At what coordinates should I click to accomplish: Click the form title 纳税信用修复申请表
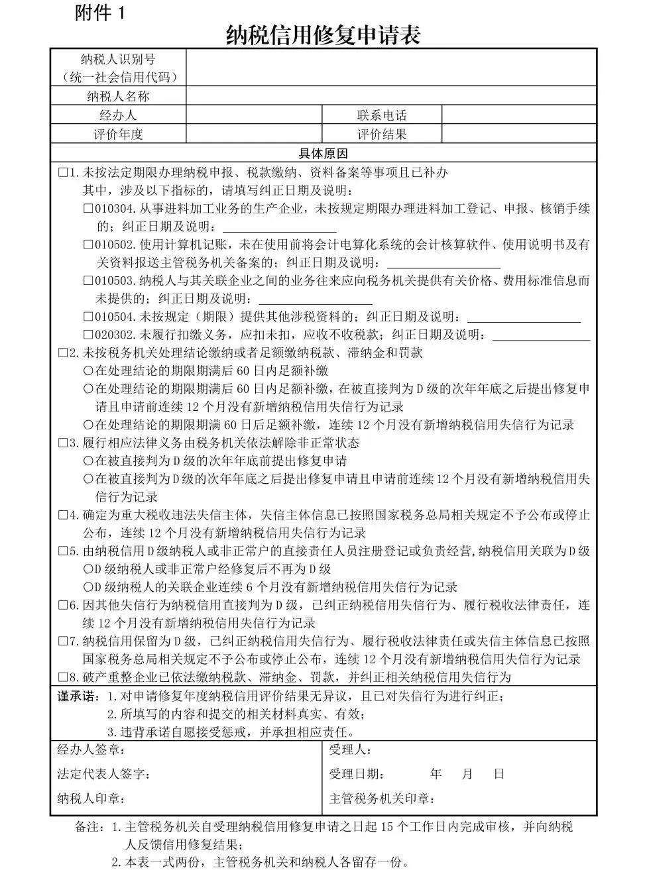click(323, 34)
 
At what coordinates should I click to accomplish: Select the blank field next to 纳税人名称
click(390, 96)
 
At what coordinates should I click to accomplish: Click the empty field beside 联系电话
click(518, 115)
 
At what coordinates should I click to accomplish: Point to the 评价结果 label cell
click(382, 134)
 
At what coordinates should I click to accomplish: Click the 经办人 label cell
click(118, 115)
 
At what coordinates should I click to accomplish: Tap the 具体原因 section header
click(323, 154)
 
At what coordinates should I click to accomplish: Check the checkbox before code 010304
click(88, 209)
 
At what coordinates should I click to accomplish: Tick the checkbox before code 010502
click(88, 245)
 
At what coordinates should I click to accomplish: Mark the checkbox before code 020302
click(88, 335)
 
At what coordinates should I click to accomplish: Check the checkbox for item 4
click(64, 515)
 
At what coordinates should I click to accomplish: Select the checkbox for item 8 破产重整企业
click(64, 677)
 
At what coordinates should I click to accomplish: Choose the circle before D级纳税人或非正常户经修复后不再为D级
click(88, 569)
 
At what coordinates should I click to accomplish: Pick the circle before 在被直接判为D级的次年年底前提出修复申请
click(88, 461)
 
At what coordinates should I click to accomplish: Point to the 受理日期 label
click(356, 774)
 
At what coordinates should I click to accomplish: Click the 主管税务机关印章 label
click(382, 798)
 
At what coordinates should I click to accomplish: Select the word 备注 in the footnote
click(89, 827)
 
